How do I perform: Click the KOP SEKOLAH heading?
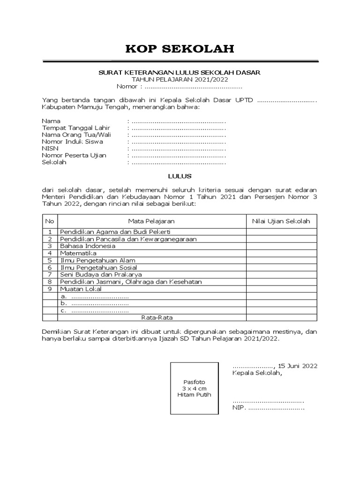(180, 49)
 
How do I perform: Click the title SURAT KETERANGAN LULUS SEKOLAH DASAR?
(179, 73)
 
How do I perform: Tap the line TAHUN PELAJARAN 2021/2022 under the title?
(180, 80)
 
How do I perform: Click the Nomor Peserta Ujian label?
(74, 155)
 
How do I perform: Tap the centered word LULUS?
(180, 176)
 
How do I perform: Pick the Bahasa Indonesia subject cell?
(87, 246)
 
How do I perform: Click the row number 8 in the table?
(50, 282)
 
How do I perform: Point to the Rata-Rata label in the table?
(151, 317)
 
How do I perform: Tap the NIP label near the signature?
(239, 408)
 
